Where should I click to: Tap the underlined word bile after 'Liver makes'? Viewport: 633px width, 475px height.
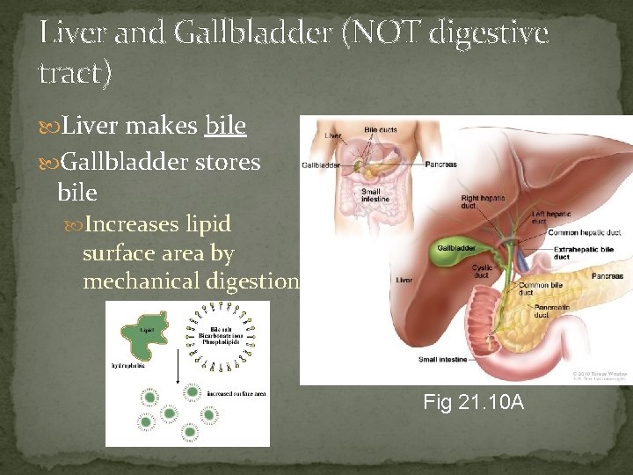(x=225, y=127)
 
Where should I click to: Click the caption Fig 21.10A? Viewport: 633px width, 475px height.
(x=473, y=402)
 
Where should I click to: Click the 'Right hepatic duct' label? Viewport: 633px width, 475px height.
(x=481, y=202)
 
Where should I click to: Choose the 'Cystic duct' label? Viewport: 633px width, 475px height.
(x=482, y=271)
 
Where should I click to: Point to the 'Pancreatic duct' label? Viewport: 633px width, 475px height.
(x=554, y=310)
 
